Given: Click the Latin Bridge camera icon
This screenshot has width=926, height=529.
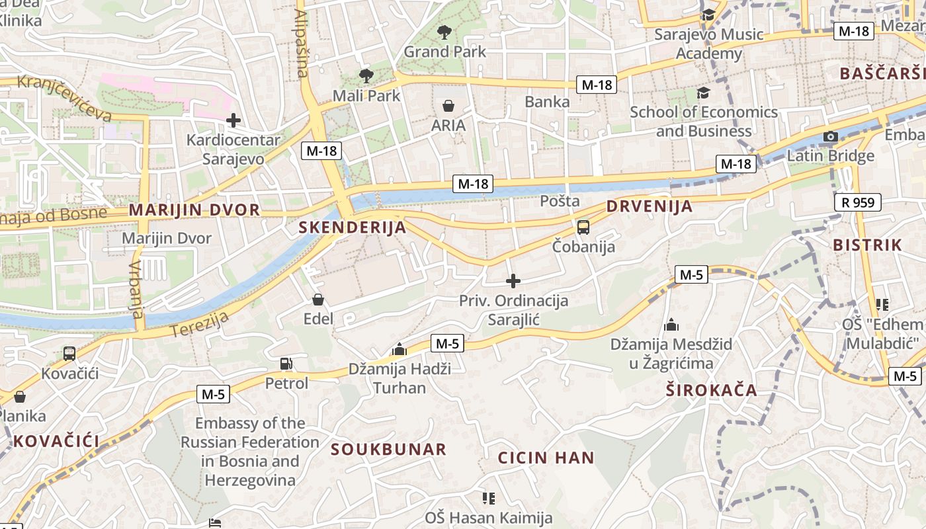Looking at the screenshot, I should pyautogui.click(x=831, y=137).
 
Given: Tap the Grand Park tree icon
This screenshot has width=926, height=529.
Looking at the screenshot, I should pyautogui.click(x=444, y=31).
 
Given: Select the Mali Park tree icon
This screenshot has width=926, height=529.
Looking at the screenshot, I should pyautogui.click(x=366, y=75).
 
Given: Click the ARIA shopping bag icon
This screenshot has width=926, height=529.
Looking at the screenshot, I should pyautogui.click(x=448, y=106).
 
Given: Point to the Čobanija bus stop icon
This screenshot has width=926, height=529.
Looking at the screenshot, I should pyautogui.click(x=583, y=227).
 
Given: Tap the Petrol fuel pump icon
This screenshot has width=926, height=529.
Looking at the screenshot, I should pyautogui.click(x=286, y=364).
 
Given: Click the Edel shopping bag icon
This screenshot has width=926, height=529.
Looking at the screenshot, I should pyautogui.click(x=318, y=300).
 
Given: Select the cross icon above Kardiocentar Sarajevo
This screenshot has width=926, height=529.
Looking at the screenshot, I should pyautogui.click(x=233, y=120).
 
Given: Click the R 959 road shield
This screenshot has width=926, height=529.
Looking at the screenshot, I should pyautogui.click(x=858, y=202).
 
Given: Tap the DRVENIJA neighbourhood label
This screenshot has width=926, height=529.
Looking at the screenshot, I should pyautogui.click(x=650, y=206).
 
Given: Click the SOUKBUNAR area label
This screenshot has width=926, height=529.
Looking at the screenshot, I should pyautogui.click(x=389, y=450).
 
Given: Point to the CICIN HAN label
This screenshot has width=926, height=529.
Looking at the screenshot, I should pyautogui.click(x=546, y=458).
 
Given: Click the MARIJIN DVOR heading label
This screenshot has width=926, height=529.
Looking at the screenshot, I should pyautogui.click(x=194, y=210).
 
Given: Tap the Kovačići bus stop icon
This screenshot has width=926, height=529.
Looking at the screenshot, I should pyautogui.click(x=69, y=354).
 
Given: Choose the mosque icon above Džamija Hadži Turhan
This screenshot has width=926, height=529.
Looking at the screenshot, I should pyautogui.click(x=400, y=348).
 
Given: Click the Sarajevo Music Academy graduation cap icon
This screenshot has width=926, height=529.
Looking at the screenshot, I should pyautogui.click(x=708, y=15).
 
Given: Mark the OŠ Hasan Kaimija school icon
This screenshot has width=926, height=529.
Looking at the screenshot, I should pyautogui.click(x=489, y=498).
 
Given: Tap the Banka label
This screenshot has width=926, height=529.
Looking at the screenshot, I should pyautogui.click(x=547, y=102).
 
